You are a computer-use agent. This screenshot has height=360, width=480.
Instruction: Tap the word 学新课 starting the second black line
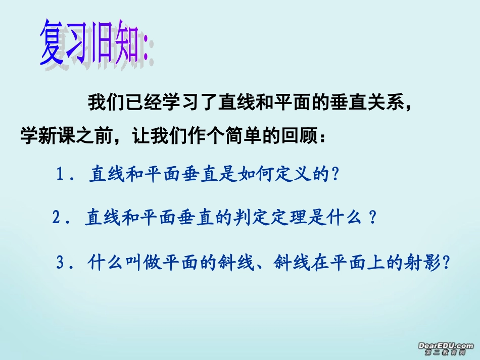coord(46,136)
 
